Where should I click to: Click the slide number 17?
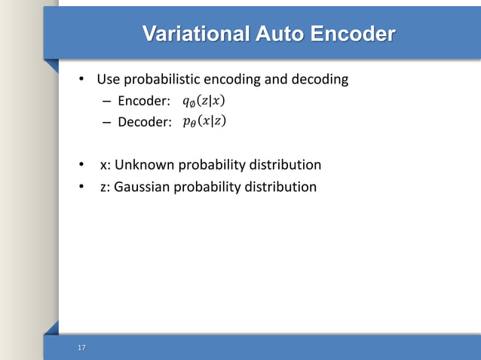[81, 347]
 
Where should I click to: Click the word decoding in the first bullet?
[322, 79]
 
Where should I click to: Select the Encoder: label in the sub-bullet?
[144, 102]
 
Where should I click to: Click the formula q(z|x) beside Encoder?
[204, 102]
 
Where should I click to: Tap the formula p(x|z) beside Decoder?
[204, 121]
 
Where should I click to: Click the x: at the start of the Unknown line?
[105, 165]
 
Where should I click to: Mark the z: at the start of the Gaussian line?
[105, 186]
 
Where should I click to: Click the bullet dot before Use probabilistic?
[82, 79]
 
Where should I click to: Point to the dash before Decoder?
[107, 122]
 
